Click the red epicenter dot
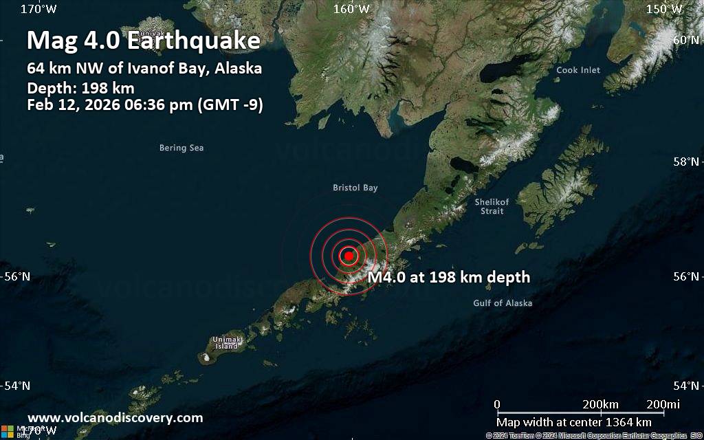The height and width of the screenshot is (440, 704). point(349,256)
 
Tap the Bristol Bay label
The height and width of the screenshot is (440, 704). point(355,188)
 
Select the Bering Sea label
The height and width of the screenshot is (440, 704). point(181,148)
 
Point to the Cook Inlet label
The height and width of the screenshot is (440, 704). point(577,70)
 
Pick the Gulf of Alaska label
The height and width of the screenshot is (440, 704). point(503,303)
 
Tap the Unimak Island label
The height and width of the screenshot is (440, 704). point(226,343)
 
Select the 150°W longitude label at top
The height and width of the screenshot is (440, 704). point(665,9)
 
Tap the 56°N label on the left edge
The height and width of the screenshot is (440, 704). point(17,277)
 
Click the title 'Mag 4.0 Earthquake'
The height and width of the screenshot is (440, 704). point(144,41)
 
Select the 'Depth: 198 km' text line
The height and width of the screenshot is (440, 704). point(80,88)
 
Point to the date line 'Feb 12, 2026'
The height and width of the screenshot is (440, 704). point(145,105)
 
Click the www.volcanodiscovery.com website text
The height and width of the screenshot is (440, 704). point(115,417)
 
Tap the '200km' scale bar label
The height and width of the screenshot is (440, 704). point(600,404)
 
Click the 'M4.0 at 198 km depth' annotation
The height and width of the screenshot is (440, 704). point(449,277)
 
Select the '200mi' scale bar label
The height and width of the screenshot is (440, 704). point(663,404)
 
